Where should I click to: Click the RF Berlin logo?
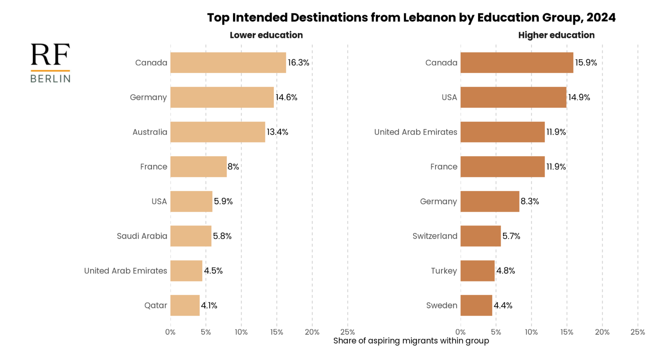[x=50, y=63]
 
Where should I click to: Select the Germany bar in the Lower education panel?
[x=222, y=97]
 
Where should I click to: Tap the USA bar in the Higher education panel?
[x=513, y=97]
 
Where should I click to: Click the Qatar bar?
[x=185, y=305]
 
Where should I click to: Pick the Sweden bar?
[x=476, y=305]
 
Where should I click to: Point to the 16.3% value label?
[x=298, y=63]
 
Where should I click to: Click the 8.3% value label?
[x=530, y=201]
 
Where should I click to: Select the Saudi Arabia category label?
[x=142, y=236]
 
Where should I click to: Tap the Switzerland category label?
[x=435, y=236]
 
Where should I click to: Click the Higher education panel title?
[x=556, y=35]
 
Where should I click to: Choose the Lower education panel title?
[x=266, y=35]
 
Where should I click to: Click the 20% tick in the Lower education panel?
[x=312, y=332]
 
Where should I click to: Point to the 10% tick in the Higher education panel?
[x=531, y=332]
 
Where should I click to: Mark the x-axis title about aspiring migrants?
[x=411, y=341]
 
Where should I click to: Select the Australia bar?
[x=218, y=132]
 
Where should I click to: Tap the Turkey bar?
[x=477, y=271]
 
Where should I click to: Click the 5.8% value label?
[x=222, y=236]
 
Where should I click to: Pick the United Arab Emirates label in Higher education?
[x=415, y=132]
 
